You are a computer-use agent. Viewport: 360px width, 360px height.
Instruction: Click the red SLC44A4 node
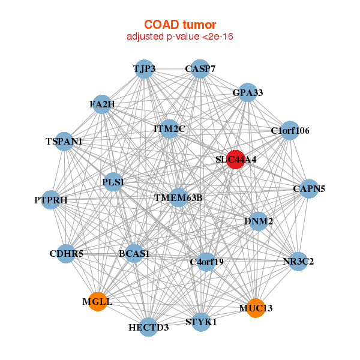click(236, 160)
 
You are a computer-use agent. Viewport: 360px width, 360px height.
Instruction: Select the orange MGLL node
click(98, 302)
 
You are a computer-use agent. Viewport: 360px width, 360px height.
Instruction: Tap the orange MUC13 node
click(256, 308)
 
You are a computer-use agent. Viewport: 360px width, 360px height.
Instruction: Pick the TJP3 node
click(144, 69)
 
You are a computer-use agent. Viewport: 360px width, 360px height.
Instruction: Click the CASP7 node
click(200, 69)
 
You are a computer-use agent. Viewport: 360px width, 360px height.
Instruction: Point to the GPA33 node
click(247, 92)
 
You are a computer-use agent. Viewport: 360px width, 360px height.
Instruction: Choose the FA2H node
click(102, 104)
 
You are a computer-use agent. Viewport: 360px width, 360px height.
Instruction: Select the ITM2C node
click(169, 129)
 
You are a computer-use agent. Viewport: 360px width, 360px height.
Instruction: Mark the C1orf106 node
click(290, 130)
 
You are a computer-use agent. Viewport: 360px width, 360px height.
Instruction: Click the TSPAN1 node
click(64, 142)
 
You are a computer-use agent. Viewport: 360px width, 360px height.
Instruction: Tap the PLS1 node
click(113, 182)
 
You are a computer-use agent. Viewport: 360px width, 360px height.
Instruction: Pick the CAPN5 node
click(309, 189)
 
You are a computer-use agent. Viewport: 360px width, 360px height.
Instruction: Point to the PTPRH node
click(51, 200)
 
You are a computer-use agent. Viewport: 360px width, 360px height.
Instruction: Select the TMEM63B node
click(178, 197)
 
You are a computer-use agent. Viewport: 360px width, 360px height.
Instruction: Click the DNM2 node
click(259, 221)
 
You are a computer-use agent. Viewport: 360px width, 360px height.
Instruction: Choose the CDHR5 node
click(66, 254)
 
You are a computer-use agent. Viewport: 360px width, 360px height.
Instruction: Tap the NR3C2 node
click(298, 261)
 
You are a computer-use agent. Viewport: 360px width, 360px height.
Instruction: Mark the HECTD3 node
click(149, 327)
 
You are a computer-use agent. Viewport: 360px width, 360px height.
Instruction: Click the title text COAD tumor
click(180, 25)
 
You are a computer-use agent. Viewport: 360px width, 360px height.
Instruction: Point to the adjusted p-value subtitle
click(180, 37)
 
